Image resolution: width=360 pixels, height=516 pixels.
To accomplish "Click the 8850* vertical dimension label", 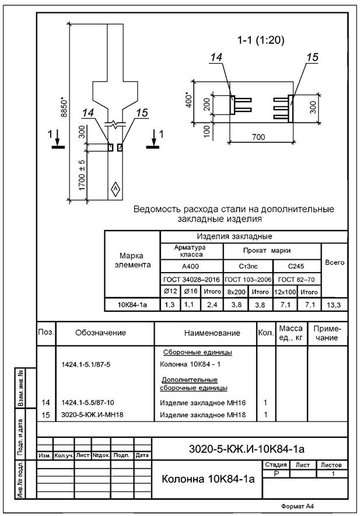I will click(x=65, y=105).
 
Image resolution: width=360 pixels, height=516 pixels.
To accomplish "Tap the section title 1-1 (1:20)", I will click(x=260, y=40).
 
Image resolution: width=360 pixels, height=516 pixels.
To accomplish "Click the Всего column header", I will click(x=334, y=262).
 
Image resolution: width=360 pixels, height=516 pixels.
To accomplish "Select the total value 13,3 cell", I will click(x=334, y=304).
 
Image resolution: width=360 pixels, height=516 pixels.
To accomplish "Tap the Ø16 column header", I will click(x=190, y=291).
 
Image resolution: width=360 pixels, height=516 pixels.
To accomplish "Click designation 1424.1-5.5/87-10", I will click(x=90, y=403).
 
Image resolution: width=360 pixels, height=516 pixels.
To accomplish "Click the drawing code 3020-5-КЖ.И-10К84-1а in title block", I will click(x=247, y=449).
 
